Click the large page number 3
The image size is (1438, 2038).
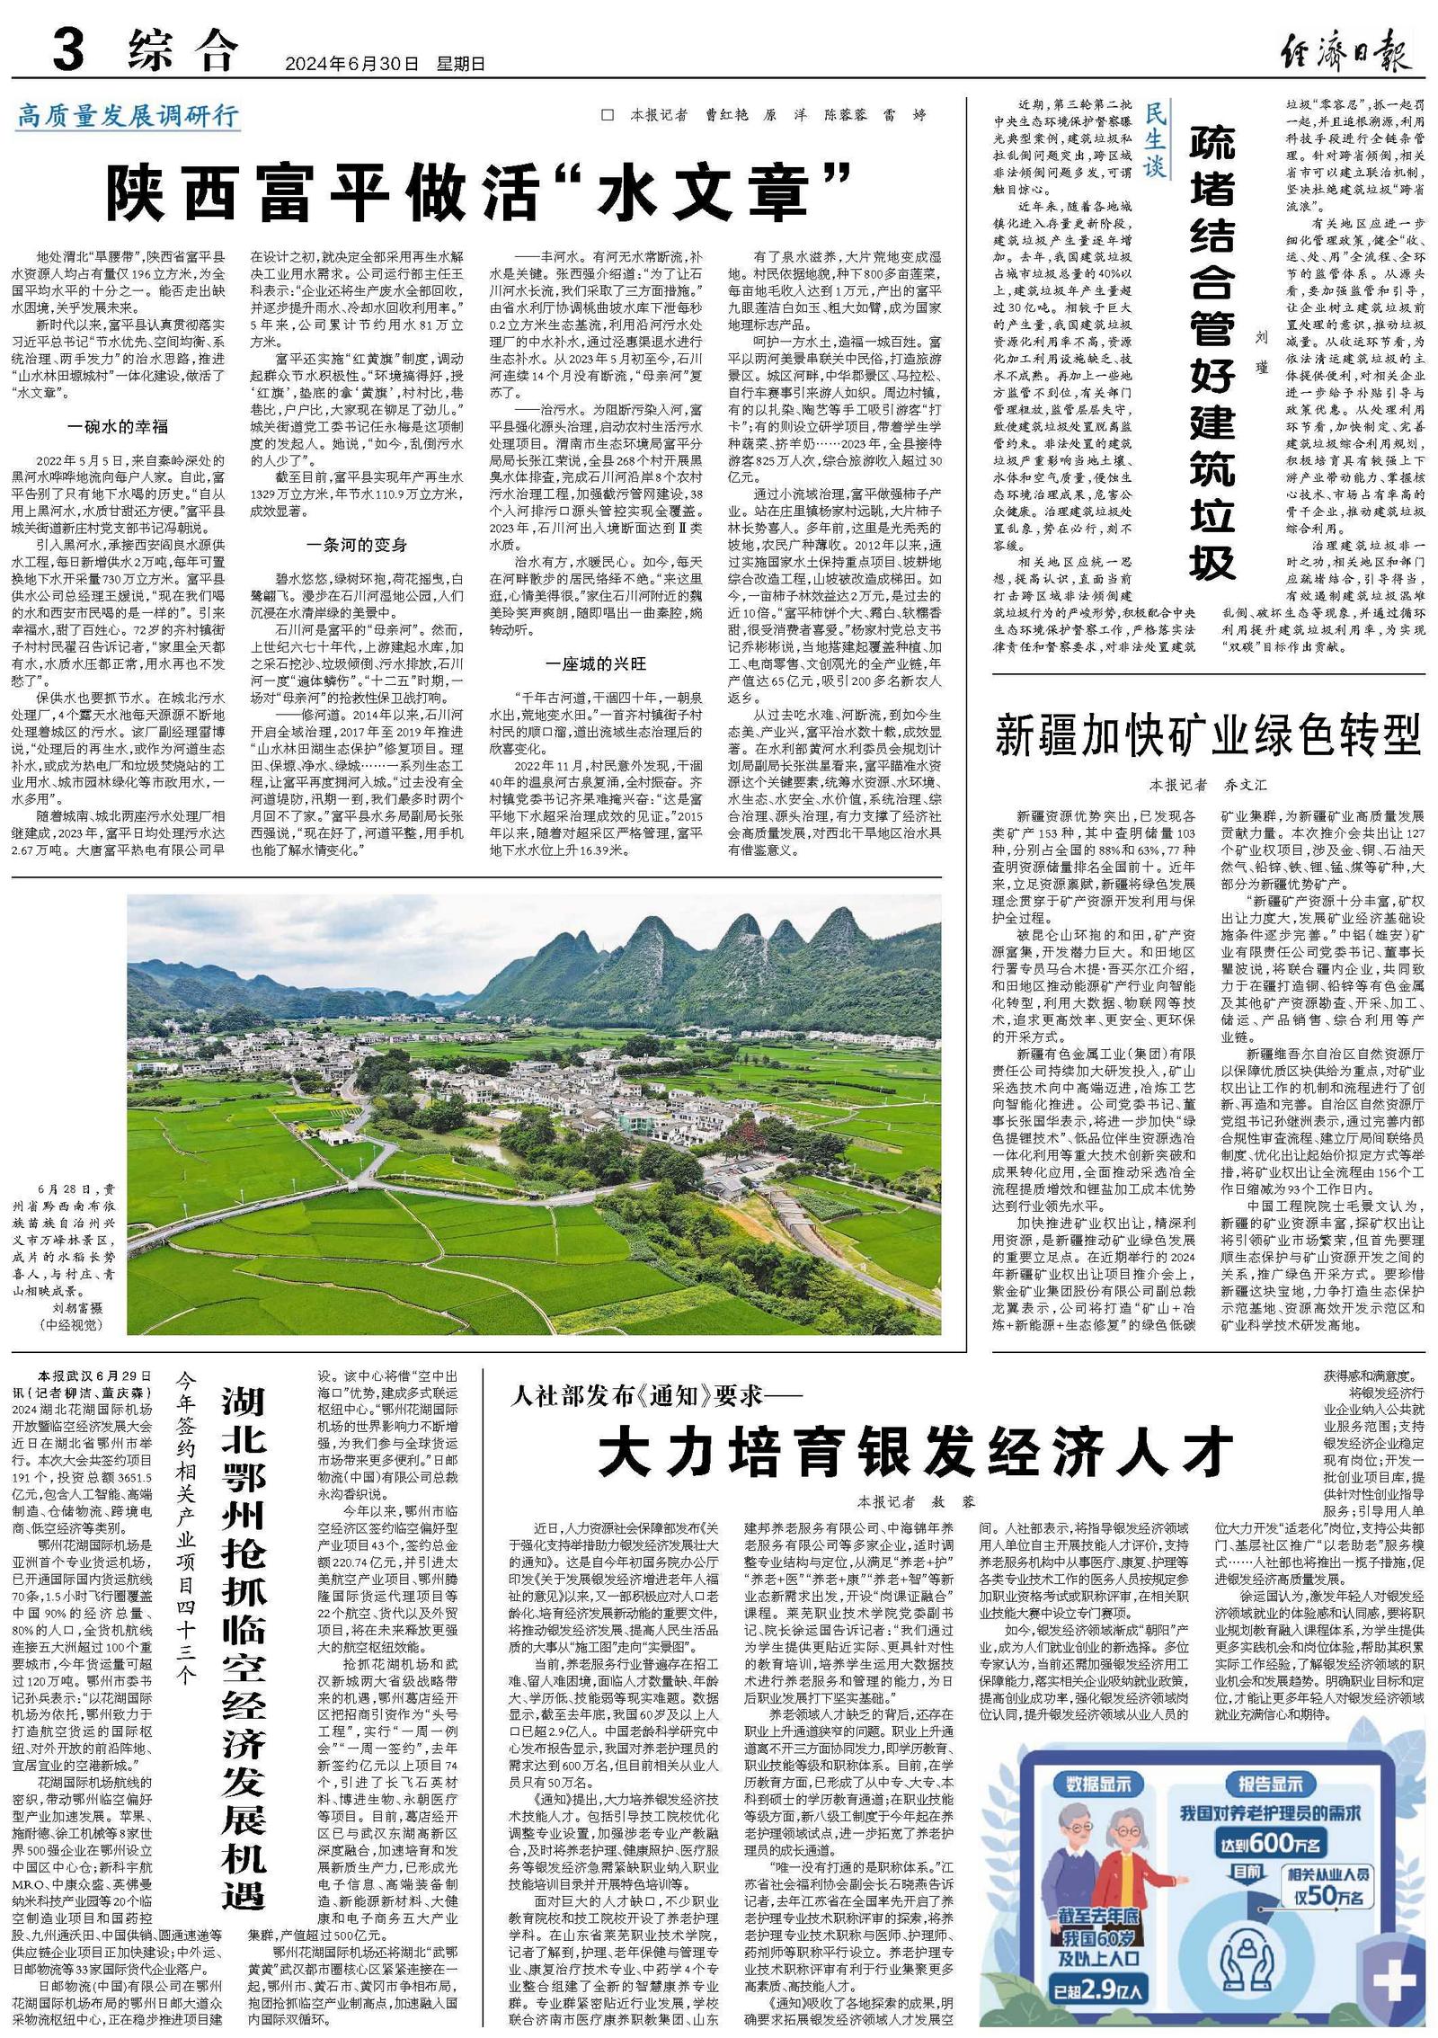(68, 49)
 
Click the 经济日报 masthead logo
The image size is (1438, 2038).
(1345, 49)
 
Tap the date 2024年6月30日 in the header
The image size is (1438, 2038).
(351, 64)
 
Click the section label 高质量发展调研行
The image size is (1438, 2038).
(128, 116)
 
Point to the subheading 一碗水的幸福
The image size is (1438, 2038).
(117, 426)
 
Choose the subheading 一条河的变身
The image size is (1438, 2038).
(356, 545)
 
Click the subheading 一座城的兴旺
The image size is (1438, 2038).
(596, 663)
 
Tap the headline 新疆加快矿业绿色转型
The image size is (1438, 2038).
(1208, 735)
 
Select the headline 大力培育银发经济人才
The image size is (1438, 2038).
(915, 1448)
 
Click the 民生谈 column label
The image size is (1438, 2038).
(1155, 139)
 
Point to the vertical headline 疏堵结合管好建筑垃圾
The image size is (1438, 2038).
(1212, 351)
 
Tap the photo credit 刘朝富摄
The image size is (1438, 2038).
(70, 1308)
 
